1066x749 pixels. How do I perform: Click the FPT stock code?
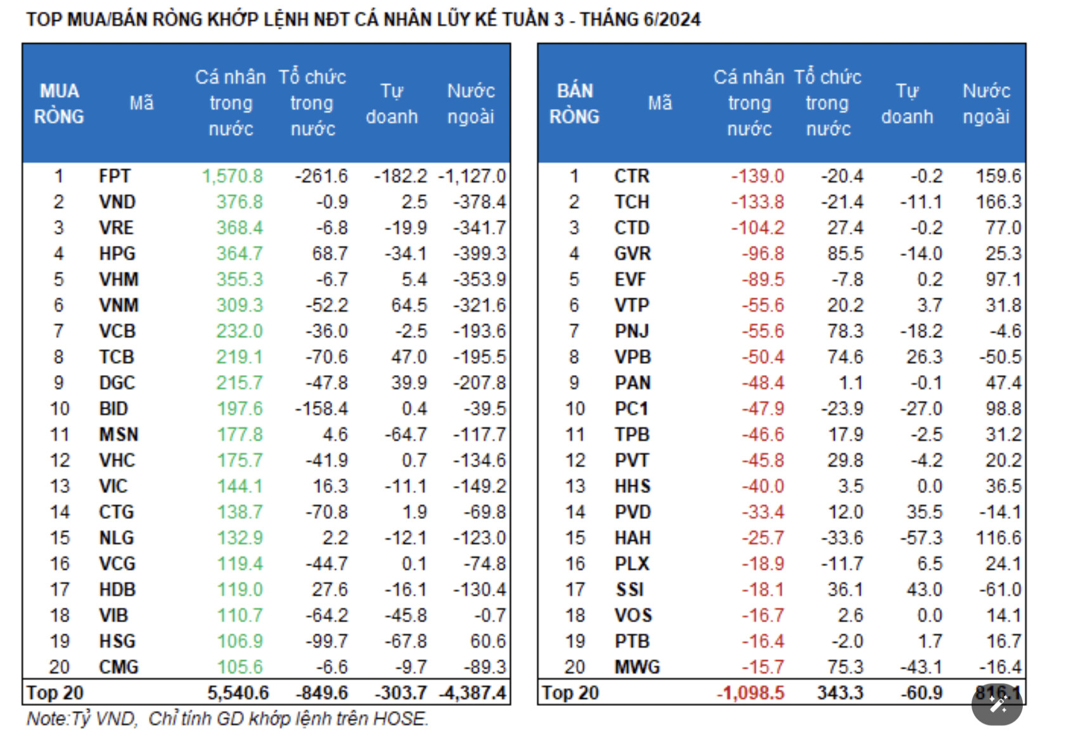pos(115,176)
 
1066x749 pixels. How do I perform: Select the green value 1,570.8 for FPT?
pos(232,176)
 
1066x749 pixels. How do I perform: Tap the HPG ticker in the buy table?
pos(117,254)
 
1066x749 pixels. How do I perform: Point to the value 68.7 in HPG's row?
pos(330,254)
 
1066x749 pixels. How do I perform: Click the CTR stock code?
pos(632,176)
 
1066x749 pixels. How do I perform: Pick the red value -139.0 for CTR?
pos(757,176)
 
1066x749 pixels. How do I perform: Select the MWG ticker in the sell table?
pos(637,667)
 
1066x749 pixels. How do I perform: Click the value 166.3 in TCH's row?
pos(998,202)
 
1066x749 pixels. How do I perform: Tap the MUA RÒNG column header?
pos(59,103)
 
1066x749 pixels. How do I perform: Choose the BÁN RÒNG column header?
pos(574,103)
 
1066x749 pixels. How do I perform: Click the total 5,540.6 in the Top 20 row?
pos(238,693)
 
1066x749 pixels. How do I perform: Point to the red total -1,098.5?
pos(750,693)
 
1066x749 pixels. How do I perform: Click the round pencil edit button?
pos(997,705)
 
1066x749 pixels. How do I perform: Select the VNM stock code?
pos(119,305)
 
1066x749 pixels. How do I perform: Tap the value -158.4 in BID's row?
pos(321,409)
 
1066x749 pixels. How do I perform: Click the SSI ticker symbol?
pos(630,590)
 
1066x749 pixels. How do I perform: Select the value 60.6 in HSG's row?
pos(487,641)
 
